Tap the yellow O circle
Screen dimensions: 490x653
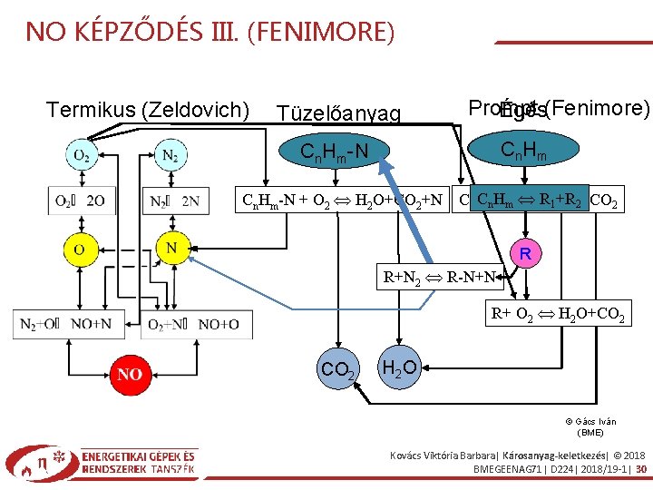pyautogui.click(x=81, y=247)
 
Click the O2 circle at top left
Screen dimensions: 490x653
pyautogui.click(x=82, y=155)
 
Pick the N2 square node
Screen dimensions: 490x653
pyautogui.click(x=170, y=155)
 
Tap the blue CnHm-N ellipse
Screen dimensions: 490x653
pyautogui.click(x=334, y=149)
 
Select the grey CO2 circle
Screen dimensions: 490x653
pyautogui.click(x=338, y=369)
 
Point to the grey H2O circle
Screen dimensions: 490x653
pyautogui.click(x=399, y=367)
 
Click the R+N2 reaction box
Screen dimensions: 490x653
pyautogui.click(x=440, y=277)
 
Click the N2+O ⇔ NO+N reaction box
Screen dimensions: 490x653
pyautogui.click(x=70, y=324)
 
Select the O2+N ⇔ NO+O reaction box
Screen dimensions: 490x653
pyautogui.click(x=192, y=324)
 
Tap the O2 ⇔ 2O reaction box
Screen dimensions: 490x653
pyautogui.click(x=82, y=201)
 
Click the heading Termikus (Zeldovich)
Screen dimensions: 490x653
pyautogui.click(x=148, y=110)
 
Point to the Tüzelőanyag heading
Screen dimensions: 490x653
pyautogui.click(x=338, y=113)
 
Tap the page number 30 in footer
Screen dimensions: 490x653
pyautogui.click(x=640, y=470)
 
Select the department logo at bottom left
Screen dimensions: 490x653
pyautogui.click(x=101, y=462)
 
